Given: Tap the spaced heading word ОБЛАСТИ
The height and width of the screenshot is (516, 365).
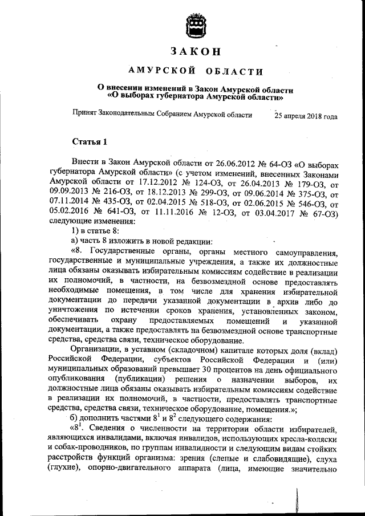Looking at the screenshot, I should (231, 71).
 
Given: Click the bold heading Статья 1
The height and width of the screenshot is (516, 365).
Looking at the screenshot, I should (89, 141).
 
